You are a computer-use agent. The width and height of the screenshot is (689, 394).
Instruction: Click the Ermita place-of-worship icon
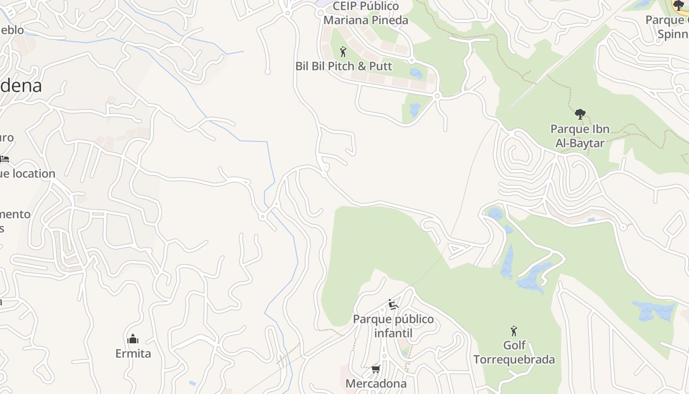[133, 339]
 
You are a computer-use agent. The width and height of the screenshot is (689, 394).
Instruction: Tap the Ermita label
[133, 354]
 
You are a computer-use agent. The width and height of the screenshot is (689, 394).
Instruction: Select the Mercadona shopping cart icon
[376, 369]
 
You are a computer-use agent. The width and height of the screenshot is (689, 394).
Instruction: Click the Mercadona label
[376, 383]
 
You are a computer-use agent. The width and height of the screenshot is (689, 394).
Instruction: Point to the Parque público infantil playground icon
[393, 304]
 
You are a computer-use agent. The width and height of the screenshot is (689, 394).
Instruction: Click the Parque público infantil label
[393, 326]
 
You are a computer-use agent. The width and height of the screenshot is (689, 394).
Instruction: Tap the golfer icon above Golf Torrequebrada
[514, 330]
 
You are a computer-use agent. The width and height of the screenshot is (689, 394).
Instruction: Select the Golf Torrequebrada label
[514, 352]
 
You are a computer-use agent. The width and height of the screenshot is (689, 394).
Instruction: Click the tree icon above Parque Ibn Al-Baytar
[580, 114]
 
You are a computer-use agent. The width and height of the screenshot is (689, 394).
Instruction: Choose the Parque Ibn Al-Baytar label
[580, 136]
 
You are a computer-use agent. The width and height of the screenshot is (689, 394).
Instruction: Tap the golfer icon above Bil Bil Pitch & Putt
[344, 51]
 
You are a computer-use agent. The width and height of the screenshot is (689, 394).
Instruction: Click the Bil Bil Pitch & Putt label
[344, 66]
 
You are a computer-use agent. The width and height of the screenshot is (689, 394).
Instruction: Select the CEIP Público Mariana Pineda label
[366, 13]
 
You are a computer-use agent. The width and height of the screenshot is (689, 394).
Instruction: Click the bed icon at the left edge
[4, 159]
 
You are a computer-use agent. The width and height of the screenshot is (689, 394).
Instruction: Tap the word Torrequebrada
[514, 360]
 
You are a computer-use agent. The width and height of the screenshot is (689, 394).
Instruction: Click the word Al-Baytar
[580, 143]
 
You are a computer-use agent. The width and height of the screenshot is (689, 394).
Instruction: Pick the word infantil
[393, 333]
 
